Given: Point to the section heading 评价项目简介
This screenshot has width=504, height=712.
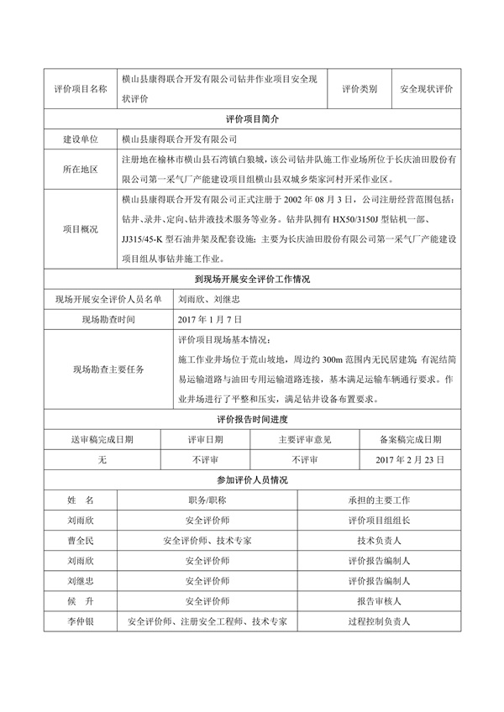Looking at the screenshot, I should [252, 119].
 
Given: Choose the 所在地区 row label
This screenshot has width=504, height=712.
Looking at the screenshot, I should [80, 170].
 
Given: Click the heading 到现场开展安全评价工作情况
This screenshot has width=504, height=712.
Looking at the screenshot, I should [252, 280].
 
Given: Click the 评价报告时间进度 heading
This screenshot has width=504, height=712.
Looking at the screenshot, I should [252, 419].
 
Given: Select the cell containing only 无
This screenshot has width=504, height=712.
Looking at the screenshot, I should [102, 460].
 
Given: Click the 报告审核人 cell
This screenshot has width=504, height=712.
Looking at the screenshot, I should [378, 602].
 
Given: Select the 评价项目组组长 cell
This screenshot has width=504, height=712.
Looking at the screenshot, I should [378, 521].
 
